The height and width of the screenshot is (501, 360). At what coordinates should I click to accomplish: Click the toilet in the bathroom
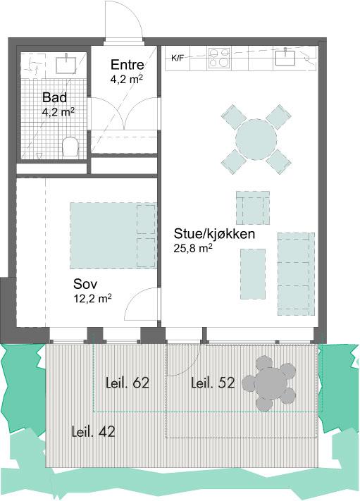coord(70,147)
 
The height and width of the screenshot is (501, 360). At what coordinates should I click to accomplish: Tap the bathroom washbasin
coord(66,63)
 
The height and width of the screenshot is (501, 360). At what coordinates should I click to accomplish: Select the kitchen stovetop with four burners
coord(219,58)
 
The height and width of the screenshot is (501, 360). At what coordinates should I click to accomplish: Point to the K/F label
coord(178,58)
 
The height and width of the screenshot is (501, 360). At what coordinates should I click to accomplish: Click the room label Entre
coord(127,65)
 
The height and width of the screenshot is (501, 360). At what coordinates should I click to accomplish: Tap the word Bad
coord(55,97)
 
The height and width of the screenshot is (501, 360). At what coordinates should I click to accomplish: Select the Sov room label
coord(85,284)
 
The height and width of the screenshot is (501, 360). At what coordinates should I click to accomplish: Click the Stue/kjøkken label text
coord(214,234)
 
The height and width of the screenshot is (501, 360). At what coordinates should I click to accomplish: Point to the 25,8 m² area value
coord(193,248)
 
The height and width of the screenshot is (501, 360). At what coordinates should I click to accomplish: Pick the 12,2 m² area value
coord(92,299)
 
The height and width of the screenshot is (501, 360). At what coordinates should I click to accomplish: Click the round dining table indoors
coord(256,140)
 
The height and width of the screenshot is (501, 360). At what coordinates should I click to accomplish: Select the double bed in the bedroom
coord(113,235)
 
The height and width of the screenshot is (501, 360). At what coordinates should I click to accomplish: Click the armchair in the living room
coord(253,208)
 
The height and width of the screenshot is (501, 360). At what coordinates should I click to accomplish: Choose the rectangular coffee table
coord(253,274)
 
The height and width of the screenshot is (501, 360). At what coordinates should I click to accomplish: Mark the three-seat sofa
coord(296,274)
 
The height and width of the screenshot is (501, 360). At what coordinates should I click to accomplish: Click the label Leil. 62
coord(128,383)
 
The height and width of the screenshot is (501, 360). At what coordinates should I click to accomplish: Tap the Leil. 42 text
coord(93,432)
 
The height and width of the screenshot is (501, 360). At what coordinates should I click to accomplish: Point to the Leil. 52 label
coord(213,383)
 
